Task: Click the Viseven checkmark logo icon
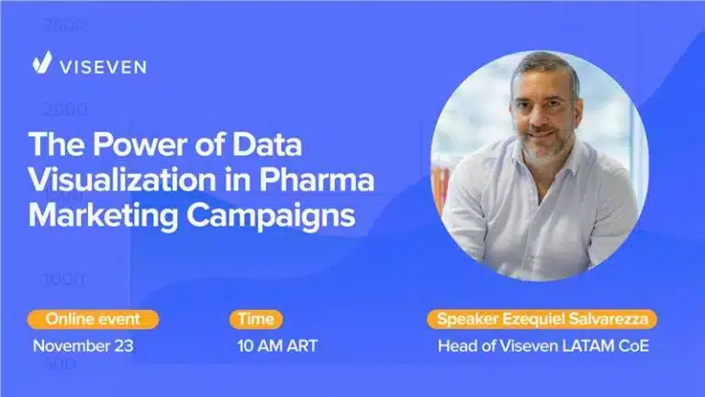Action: point(41,63)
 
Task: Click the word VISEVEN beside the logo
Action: point(103,66)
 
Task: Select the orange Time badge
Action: point(256,320)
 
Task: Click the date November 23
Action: point(84,346)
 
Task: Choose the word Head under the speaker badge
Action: point(456,346)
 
